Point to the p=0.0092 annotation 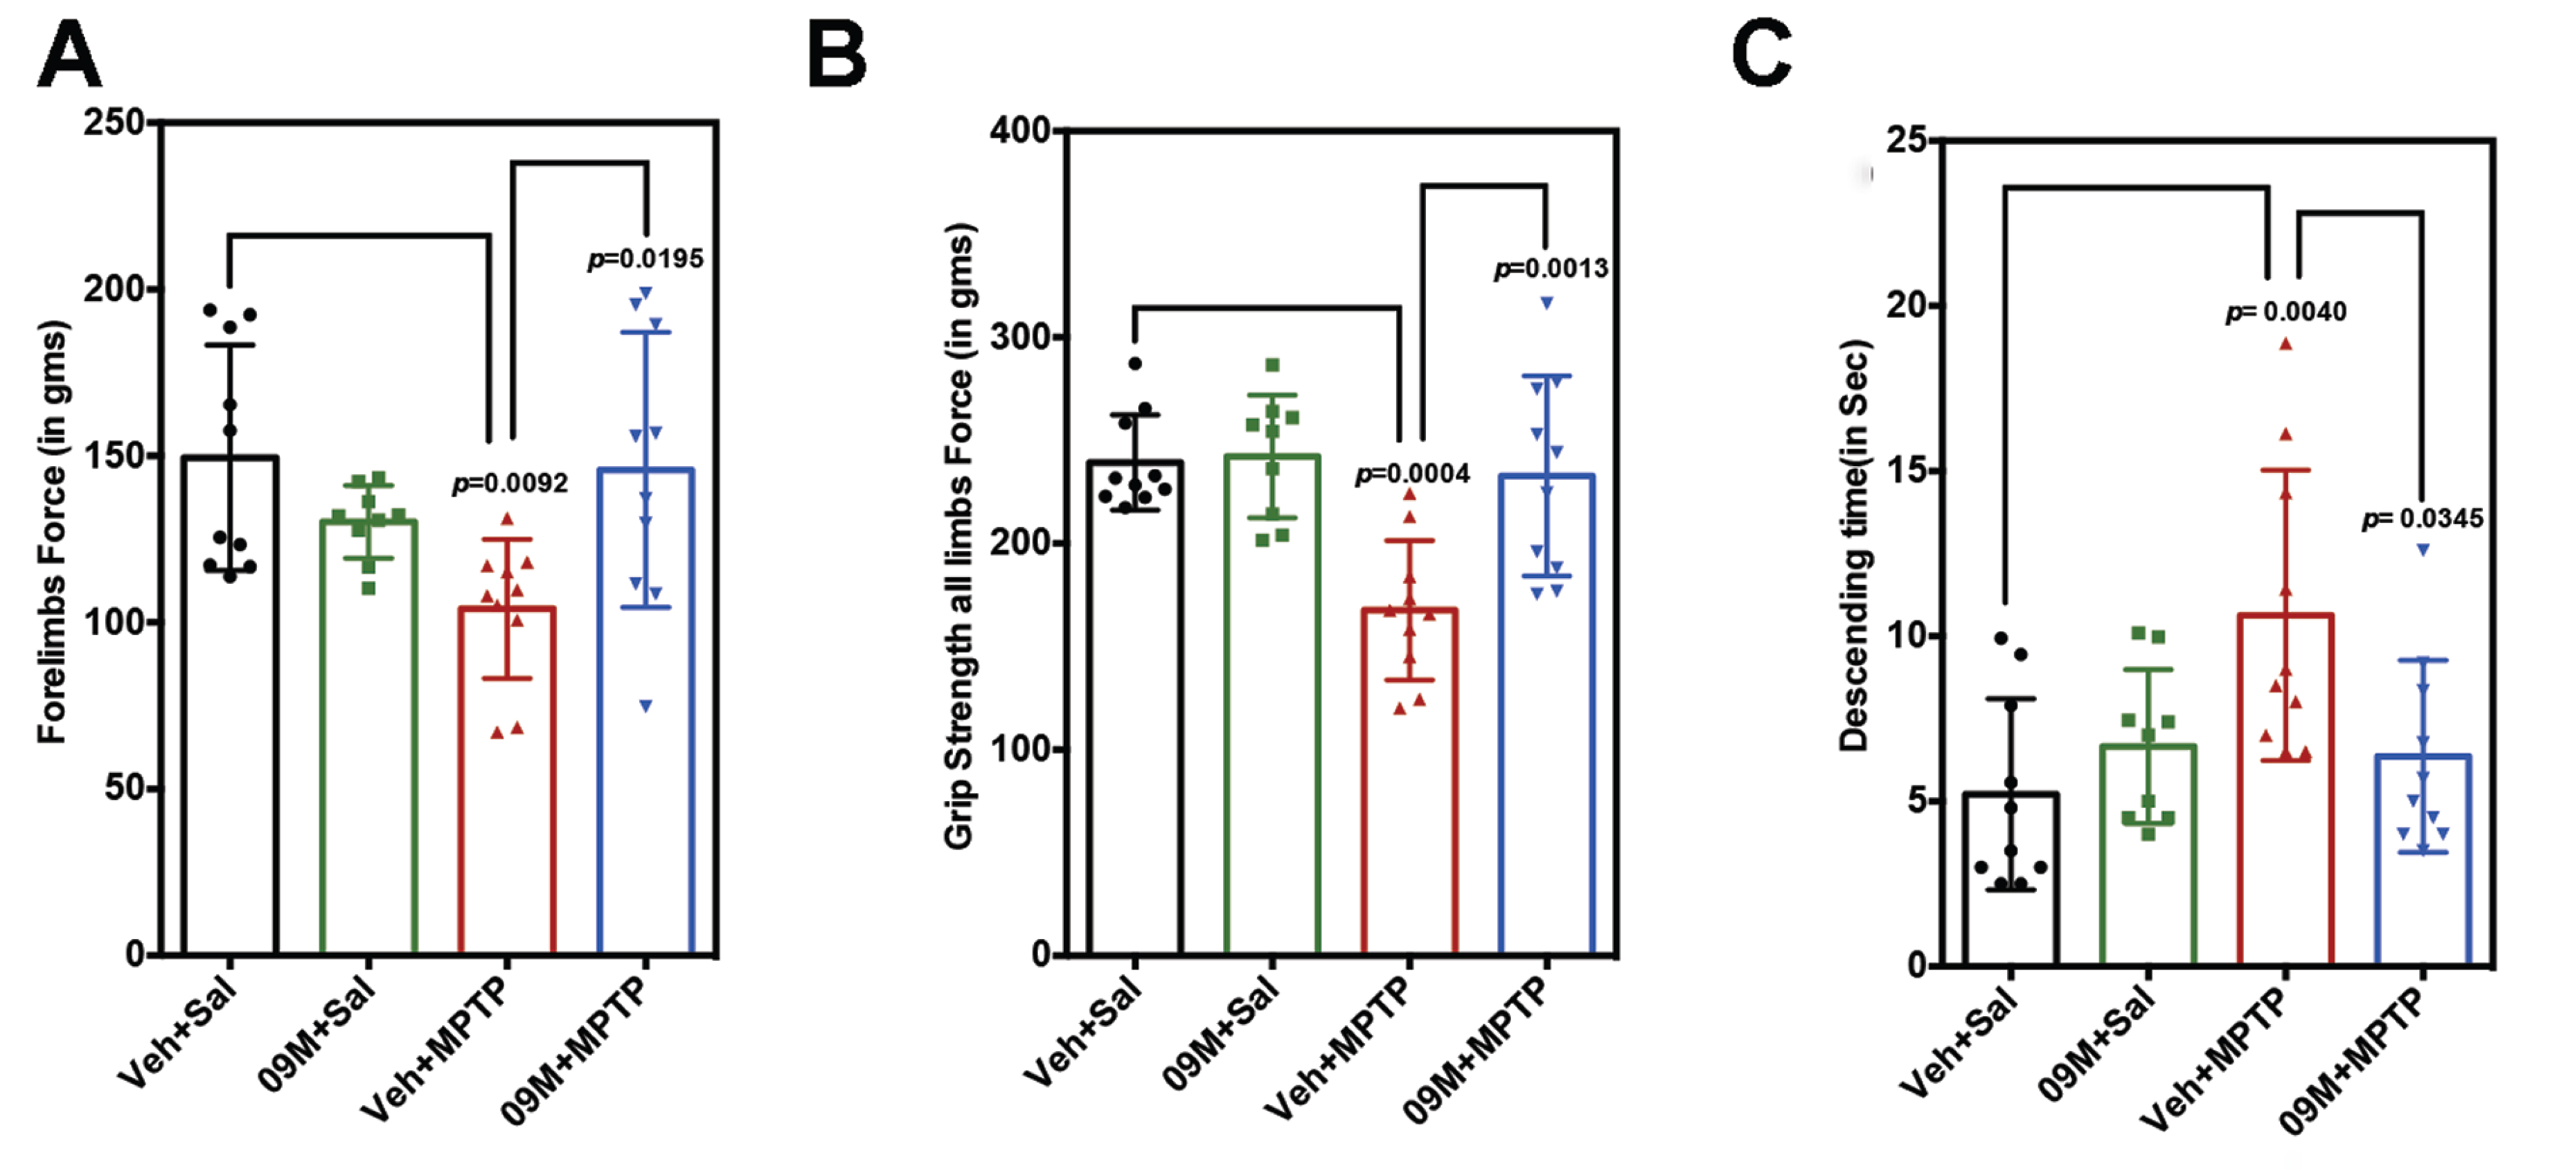pos(510,484)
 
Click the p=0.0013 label pos(1550,269)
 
